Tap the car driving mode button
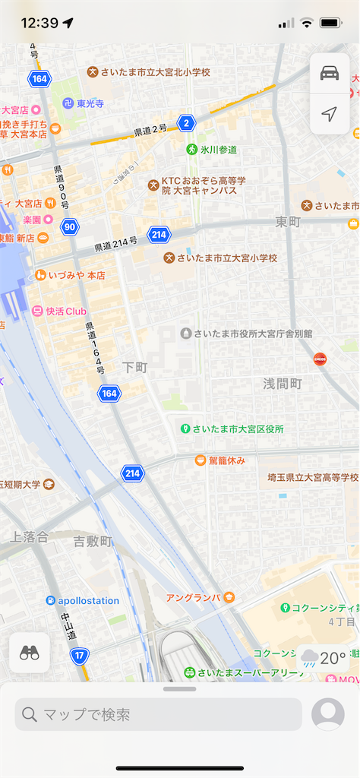click(x=329, y=73)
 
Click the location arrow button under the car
click(x=329, y=114)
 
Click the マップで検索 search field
click(x=158, y=714)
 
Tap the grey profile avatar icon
click(x=328, y=714)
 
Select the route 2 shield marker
click(x=186, y=122)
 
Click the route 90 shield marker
click(x=70, y=226)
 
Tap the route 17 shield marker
click(x=79, y=655)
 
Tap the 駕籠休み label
click(x=219, y=460)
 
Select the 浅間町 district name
click(x=283, y=383)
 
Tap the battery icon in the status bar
click(x=331, y=23)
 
